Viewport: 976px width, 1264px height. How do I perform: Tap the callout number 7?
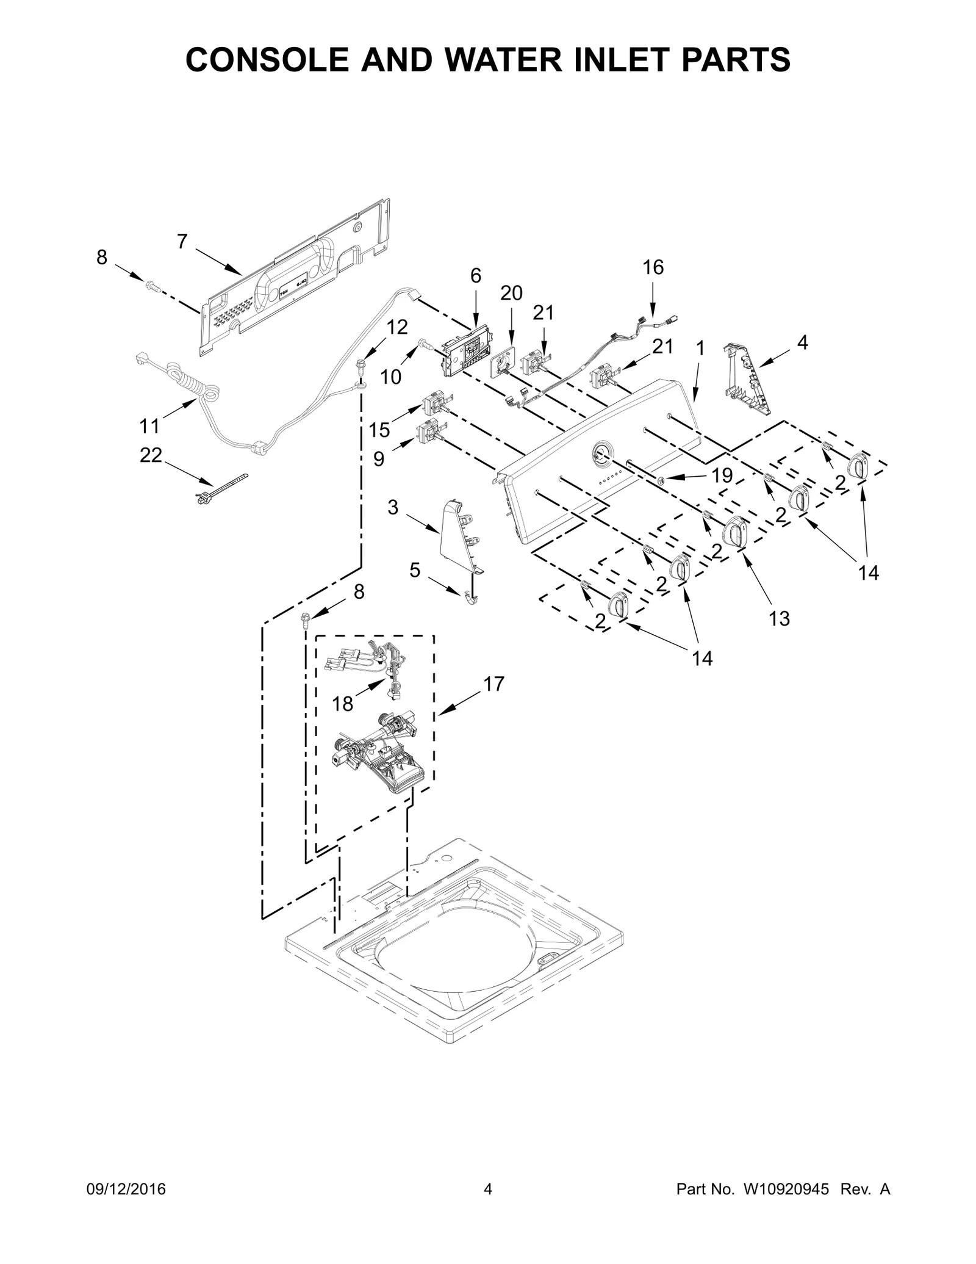[182, 242]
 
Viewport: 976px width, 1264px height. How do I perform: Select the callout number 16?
[653, 267]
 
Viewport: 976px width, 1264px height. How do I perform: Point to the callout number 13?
[780, 618]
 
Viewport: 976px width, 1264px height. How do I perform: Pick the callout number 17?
[494, 684]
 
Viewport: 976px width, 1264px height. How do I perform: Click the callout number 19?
[722, 475]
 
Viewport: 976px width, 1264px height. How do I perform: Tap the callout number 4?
[803, 343]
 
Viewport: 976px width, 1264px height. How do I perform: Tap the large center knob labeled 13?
[734, 531]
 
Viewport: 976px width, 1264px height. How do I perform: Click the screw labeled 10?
[425, 345]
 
